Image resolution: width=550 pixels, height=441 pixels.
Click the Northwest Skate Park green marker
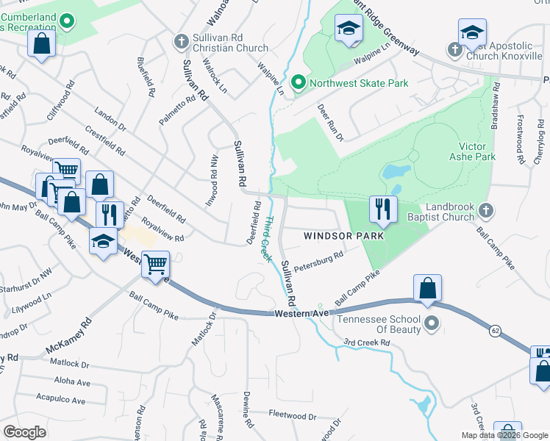(x=299, y=83)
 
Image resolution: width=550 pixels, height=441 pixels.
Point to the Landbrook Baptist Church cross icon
(x=485, y=212)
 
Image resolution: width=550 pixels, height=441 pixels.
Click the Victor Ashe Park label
(x=472, y=151)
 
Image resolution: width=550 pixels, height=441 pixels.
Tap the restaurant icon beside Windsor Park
(x=383, y=209)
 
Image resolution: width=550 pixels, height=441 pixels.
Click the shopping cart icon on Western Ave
(x=155, y=264)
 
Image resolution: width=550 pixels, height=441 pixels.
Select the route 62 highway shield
(x=495, y=331)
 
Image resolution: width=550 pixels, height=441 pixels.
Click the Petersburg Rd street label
(x=318, y=260)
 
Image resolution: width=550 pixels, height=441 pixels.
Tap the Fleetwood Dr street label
(x=292, y=417)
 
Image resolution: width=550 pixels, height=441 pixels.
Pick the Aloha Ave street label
(x=71, y=382)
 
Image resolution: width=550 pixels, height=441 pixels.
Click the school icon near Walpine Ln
(x=349, y=29)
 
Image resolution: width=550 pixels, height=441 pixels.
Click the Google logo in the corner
(x=24, y=432)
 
